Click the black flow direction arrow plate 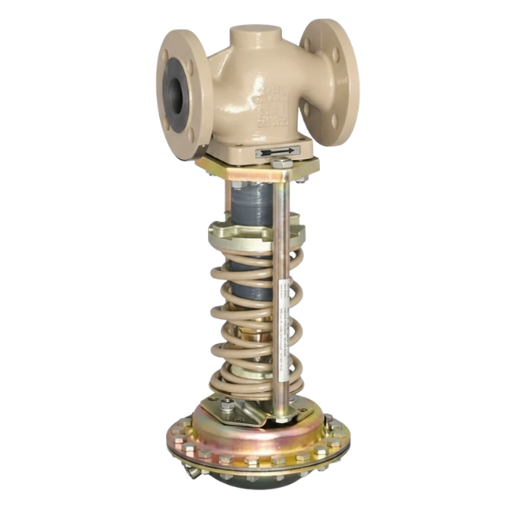277,150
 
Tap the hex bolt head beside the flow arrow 282,163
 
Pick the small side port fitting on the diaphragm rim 188,471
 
